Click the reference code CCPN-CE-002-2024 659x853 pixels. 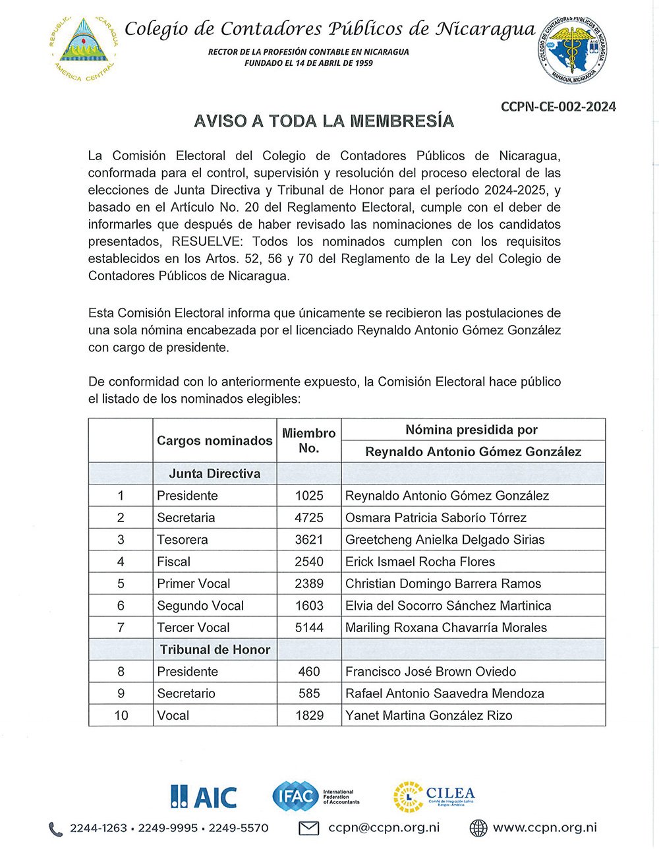(558, 107)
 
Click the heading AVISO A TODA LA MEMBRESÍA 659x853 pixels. (324, 121)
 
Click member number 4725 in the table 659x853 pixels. (308, 517)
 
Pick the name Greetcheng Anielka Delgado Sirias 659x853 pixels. (445, 539)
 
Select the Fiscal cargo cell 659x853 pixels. (174, 562)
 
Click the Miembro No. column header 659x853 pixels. (308, 440)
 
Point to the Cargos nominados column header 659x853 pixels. (214, 440)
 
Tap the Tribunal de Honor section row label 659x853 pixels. (215, 649)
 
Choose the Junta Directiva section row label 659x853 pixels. (214, 473)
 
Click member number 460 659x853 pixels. (308, 671)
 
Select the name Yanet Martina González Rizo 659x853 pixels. (428, 715)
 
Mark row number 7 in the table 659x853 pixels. (121, 628)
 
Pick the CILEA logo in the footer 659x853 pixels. (434, 796)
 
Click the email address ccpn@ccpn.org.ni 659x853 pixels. (384, 828)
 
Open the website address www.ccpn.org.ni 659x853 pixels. (544, 828)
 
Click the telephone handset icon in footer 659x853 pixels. (56, 829)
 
